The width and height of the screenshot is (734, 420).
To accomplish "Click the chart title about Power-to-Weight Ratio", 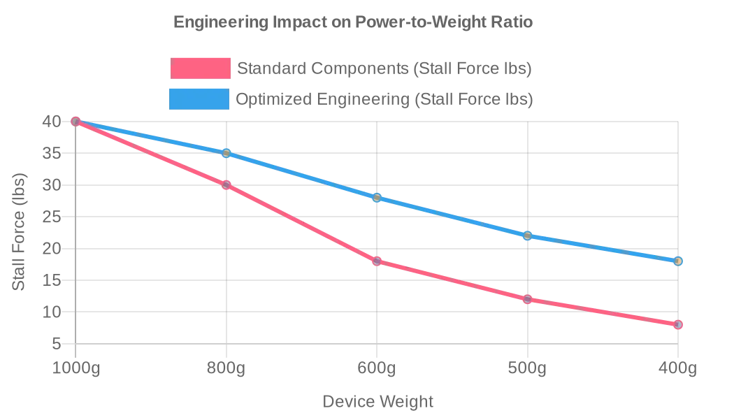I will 353,22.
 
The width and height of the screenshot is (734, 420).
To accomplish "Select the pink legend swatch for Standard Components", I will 201,68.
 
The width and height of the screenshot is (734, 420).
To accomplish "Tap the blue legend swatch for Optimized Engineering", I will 199,99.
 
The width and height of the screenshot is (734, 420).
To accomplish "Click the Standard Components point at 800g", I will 226,185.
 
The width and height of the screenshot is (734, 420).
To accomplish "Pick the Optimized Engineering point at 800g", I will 226,153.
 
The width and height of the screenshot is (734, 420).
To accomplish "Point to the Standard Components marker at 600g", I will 377,261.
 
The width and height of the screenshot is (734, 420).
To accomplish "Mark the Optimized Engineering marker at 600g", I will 377,198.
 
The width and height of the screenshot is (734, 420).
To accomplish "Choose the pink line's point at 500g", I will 527,299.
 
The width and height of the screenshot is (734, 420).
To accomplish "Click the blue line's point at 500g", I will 527,236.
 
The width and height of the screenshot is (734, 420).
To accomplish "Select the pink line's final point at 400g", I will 678,325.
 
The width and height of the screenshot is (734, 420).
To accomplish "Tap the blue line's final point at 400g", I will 678,261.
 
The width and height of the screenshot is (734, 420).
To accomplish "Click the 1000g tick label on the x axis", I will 76,368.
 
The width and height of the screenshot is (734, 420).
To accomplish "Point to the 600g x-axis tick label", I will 377,368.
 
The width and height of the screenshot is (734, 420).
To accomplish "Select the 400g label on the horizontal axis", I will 678,368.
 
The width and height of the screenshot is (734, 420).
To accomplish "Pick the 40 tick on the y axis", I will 52,122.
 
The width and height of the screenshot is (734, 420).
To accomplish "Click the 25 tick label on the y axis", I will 52,217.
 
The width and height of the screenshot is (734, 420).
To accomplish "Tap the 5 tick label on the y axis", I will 56,344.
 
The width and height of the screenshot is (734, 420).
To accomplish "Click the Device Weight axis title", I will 377,402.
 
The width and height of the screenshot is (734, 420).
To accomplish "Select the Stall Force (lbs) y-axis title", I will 19,232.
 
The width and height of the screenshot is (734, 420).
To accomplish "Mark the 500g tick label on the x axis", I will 527,368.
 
